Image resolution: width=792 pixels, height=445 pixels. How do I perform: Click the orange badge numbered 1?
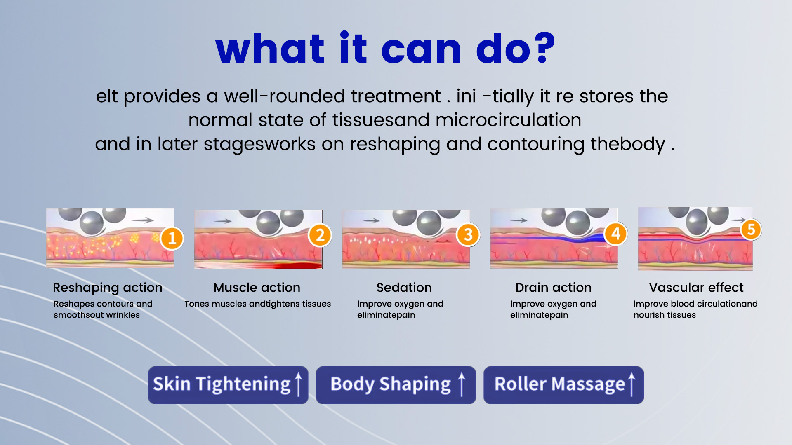(172, 238)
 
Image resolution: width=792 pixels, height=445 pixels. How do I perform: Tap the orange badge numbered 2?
(320, 235)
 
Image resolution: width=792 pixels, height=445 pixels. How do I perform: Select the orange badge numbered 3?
(468, 234)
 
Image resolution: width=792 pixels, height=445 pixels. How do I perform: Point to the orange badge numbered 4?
(616, 234)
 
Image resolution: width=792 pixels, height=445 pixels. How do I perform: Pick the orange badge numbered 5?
(751, 229)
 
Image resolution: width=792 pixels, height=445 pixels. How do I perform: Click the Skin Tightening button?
(228, 385)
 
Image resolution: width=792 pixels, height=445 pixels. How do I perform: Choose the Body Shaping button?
(396, 385)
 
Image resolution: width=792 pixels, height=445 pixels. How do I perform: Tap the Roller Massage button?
(563, 385)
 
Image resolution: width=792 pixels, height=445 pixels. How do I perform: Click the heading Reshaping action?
(108, 288)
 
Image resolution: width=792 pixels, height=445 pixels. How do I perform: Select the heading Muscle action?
(257, 287)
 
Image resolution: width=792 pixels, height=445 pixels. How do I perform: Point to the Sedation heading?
(404, 287)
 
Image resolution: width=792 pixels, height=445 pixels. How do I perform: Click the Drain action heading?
(554, 287)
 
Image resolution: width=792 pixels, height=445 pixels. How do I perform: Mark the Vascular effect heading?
(696, 287)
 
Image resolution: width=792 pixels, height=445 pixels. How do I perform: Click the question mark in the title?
(541, 48)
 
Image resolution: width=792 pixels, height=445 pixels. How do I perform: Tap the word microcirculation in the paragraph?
(508, 120)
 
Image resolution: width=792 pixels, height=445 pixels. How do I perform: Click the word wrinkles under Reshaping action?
(123, 315)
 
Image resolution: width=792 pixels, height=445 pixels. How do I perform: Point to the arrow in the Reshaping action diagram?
(143, 220)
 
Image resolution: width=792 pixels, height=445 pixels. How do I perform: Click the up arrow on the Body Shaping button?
(462, 384)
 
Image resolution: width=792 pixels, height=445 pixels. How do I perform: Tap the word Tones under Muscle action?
(197, 304)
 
